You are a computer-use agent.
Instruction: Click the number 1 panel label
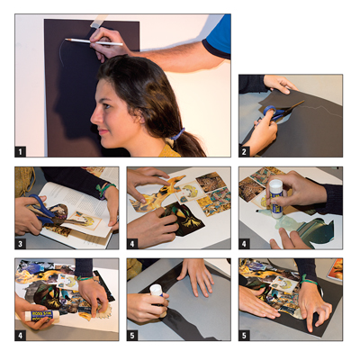[20, 152]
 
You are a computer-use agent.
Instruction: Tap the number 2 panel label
[244, 152]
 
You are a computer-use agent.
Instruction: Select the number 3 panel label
[20, 244]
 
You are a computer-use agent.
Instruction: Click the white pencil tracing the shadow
[94, 42]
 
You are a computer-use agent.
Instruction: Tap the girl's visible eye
[105, 107]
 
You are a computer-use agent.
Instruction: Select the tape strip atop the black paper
[98, 21]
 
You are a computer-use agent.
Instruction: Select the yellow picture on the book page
[85, 221]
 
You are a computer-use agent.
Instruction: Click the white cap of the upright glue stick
[275, 185]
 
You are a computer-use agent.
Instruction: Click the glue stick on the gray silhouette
[158, 300]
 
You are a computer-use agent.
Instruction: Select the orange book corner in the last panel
[335, 269]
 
